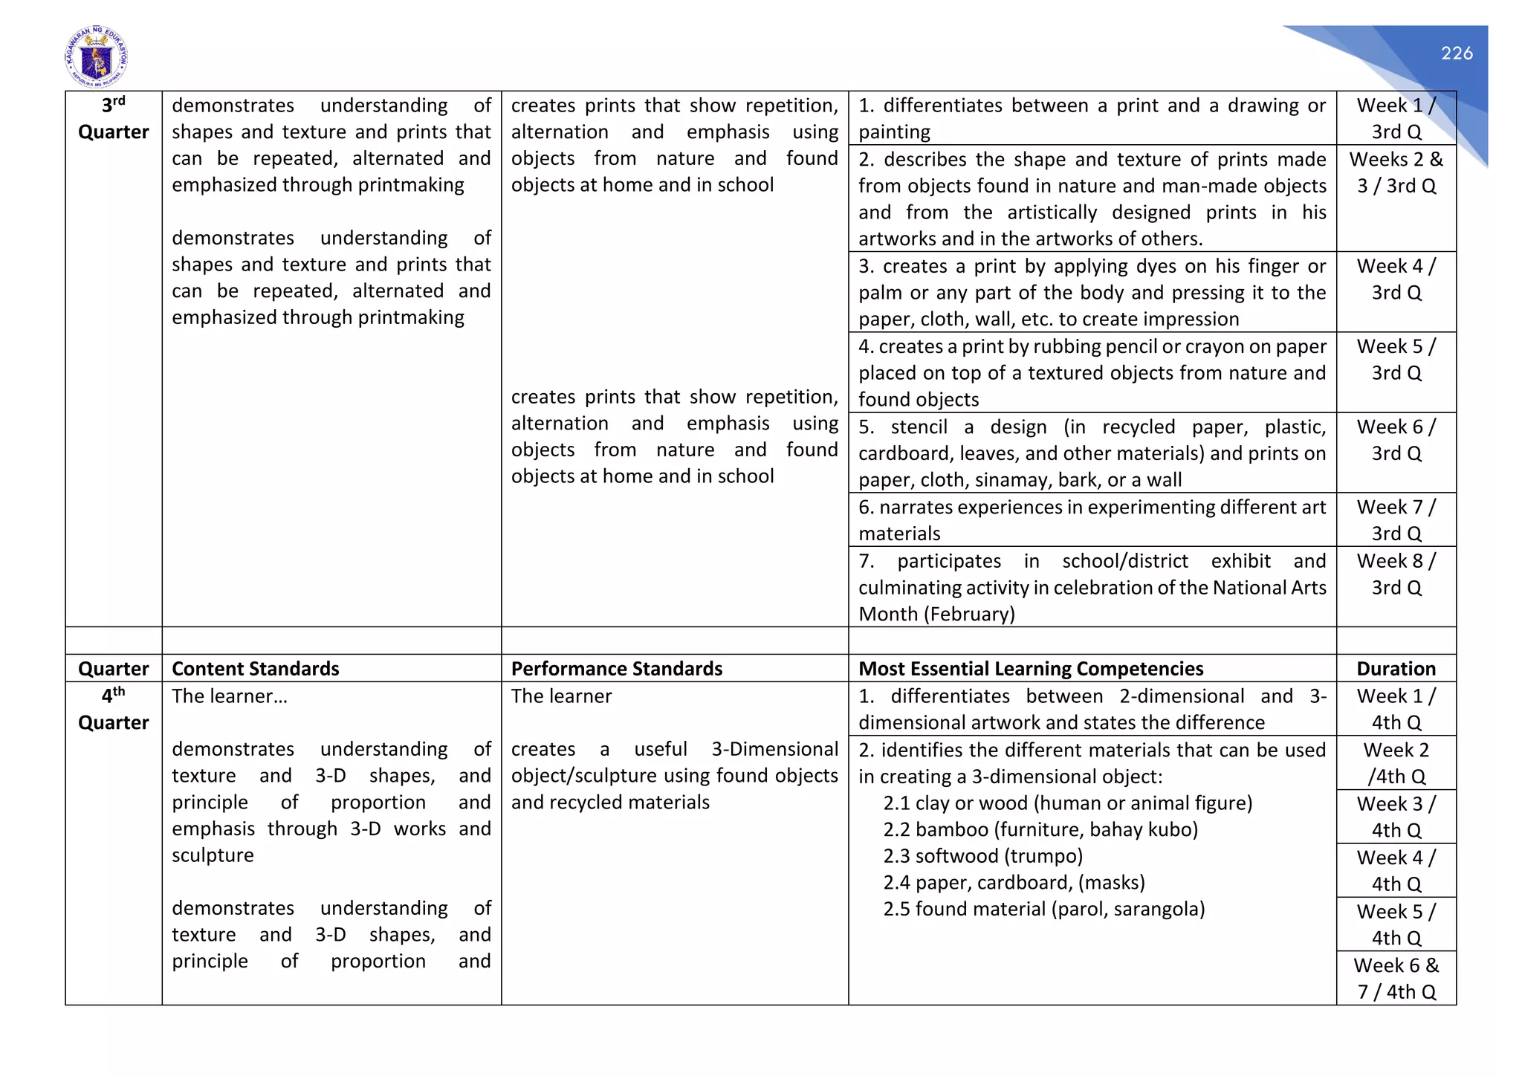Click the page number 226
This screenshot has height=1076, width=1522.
click(x=1457, y=54)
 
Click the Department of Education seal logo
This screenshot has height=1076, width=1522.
click(x=97, y=57)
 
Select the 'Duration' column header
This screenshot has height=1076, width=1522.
click(x=1396, y=669)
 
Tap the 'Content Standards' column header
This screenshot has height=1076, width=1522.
click(x=256, y=669)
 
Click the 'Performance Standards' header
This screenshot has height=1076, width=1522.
click(x=616, y=669)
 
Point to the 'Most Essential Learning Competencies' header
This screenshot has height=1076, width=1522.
click(x=1031, y=669)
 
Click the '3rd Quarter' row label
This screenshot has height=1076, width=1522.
click(x=113, y=119)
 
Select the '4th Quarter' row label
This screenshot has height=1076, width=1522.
click(x=113, y=709)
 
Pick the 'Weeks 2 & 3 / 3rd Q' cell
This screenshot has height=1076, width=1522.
click(x=1396, y=172)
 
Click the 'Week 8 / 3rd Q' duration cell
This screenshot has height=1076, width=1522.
click(x=1396, y=574)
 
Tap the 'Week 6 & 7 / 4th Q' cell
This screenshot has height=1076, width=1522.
click(x=1396, y=978)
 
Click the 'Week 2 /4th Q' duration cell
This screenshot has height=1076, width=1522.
click(x=1396, y=763)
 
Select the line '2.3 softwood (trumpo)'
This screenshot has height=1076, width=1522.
click(x=982, y=856)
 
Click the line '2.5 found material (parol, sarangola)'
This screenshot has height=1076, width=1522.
click(x=1043, y=909)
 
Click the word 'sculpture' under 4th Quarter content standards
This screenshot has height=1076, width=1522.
click(x=213, y=855)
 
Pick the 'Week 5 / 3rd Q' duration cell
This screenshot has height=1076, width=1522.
click(x=1396, y=360)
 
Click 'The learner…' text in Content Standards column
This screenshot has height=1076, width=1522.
click(x=229, y=696)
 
